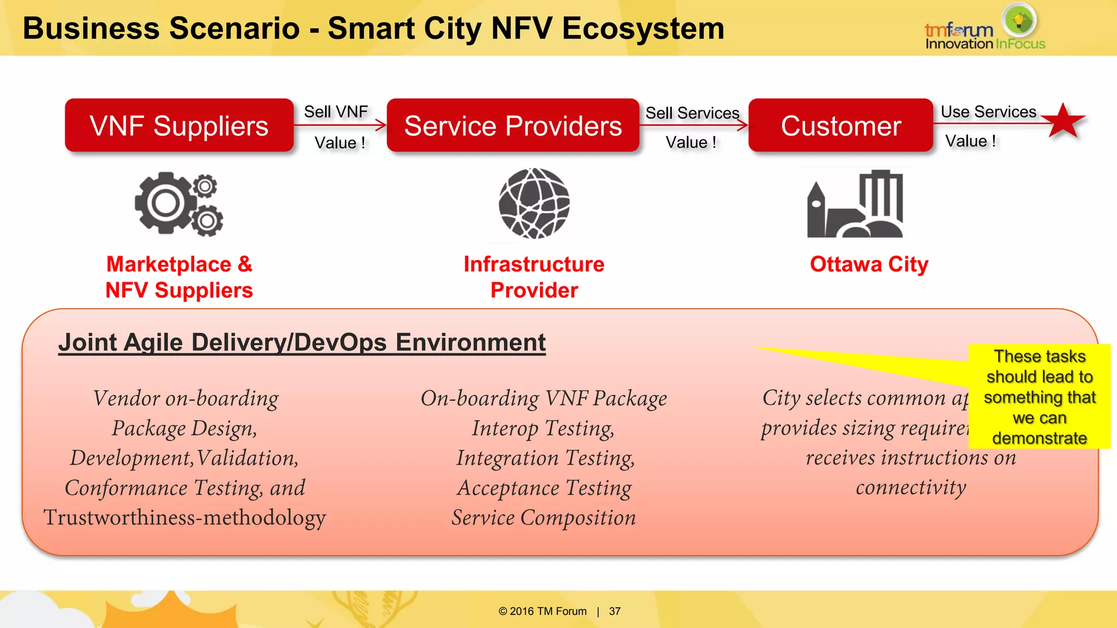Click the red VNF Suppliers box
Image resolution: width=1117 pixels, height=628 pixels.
point(179,126)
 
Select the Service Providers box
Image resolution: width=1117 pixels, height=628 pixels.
point(513,126)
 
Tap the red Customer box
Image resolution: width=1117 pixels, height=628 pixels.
point(840,126)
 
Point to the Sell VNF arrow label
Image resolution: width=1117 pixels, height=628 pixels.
point(336,112)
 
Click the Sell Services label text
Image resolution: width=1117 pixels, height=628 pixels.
point(692,113)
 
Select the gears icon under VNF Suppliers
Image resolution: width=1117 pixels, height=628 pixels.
point(179,203)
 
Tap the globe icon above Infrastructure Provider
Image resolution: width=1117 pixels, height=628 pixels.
point(534,203)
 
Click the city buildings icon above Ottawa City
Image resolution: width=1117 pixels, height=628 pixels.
point(855,204)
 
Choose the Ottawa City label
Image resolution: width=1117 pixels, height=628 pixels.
point(869,264)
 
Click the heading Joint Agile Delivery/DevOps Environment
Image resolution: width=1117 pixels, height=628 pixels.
point(302,343)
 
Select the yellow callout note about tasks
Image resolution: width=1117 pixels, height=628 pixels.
point(1039,397)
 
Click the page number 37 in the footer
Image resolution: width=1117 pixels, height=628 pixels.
point(615,611)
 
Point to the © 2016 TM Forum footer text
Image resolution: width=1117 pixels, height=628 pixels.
point(542,611)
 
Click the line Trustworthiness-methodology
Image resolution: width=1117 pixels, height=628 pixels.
point(185,517)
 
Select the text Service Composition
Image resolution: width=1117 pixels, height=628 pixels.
point(543,517)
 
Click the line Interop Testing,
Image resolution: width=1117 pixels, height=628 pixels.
point(543,428)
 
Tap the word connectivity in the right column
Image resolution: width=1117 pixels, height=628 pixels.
point(911,487)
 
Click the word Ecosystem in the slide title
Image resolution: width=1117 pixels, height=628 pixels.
point(643,28)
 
